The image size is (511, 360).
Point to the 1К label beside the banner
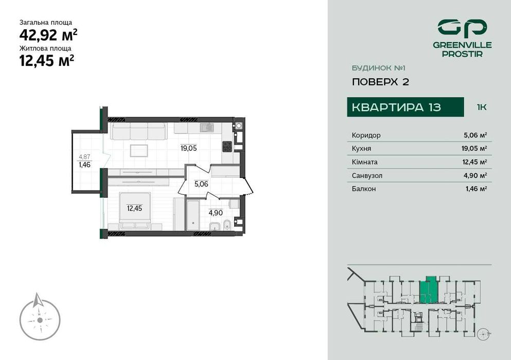[482, 107]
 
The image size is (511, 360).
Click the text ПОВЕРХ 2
[380, 82]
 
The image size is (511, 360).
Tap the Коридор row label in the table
[366, 135]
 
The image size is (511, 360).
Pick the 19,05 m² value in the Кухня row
[475, 149]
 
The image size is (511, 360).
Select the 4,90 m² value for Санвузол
[475, 175]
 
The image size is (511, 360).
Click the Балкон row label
[364, 189]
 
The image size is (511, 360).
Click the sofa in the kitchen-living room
[138, 131]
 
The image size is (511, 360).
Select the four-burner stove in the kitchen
[227, 147]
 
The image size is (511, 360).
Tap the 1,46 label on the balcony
[84, 165]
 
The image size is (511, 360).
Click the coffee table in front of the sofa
[139, 150]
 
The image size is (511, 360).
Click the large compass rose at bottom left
[40, 316]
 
